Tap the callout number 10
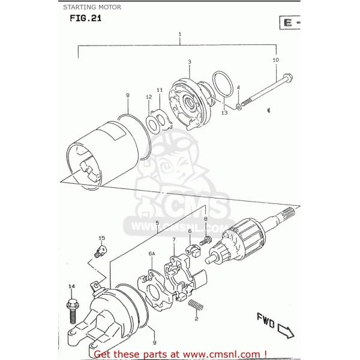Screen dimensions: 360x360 (x=275, y=61)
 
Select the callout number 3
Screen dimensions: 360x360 (x=189, y=62)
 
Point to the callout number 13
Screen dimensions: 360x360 (x=224, y=112)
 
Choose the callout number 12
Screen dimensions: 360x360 (x=148, y=97)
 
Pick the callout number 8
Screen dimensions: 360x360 (x=205, y=220)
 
